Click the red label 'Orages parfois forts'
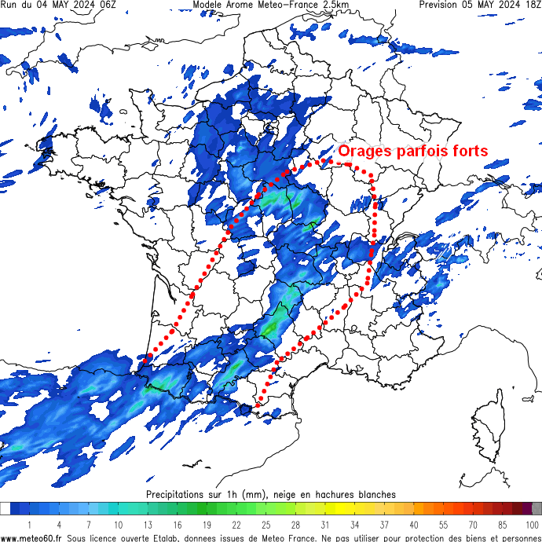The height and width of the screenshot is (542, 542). pyautogui.click(x=413, y=151)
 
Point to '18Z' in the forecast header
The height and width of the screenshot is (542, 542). pyautogui.click(x=531, y=5)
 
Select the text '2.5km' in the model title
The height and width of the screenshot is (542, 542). pyautogui.click(x=332, y=5)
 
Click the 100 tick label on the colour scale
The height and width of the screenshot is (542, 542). pyautogui.click(x=533, y=524)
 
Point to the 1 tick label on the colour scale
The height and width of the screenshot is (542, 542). pyautogui.click(x=29, y=524)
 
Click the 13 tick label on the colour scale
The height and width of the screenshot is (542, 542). pyautogui.click(x=147, y=524)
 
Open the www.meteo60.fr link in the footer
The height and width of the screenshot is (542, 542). pyautogui.click(x=32, y=538)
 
